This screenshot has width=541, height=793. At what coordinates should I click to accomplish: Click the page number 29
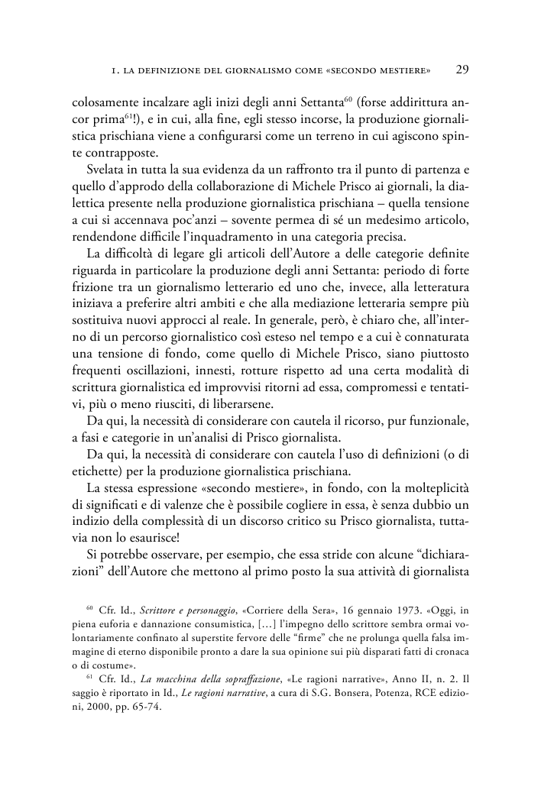click(x=462, y=70)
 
